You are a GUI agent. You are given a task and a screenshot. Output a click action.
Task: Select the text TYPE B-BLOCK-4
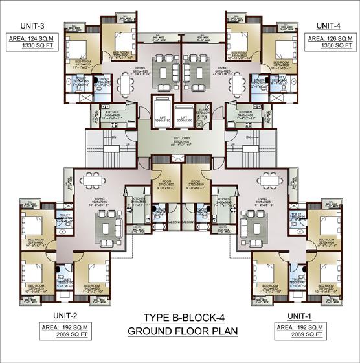[x=179, y=318]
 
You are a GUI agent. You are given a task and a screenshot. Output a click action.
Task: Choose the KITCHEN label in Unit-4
[x=247, y=112]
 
